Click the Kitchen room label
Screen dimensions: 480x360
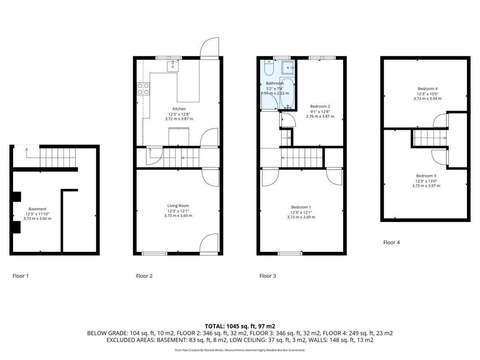[x=179, y=109]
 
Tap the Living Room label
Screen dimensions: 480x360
[x=178, y=206]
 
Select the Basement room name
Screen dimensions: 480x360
[x=37, y=209]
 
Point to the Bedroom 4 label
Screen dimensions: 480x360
[x=427, y=89]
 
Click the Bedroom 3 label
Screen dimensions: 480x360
[x=426, y=176]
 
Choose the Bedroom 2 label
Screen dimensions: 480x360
[x=320, y=106]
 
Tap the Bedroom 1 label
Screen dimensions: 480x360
[x=301, y=207]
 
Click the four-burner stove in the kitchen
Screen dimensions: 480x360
[x=143, y=89]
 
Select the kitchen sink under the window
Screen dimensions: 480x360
[x=173, y=66]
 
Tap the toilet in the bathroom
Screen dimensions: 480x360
[x=269, y=68]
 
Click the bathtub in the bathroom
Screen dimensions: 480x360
[x=287, y=93]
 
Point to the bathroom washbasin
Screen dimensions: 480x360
[x=288, y=68]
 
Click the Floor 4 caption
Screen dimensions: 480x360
[x=392, y=242]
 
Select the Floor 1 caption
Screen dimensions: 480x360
[x=20, y=276]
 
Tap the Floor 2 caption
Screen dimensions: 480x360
[x=144, y=276]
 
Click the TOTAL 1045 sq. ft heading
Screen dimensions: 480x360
[x=240, y=326]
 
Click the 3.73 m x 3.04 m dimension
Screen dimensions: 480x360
[x=427, y=98]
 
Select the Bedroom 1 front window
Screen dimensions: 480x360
[x=290, y=254]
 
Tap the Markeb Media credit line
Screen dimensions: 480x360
[x=240, y=350]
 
